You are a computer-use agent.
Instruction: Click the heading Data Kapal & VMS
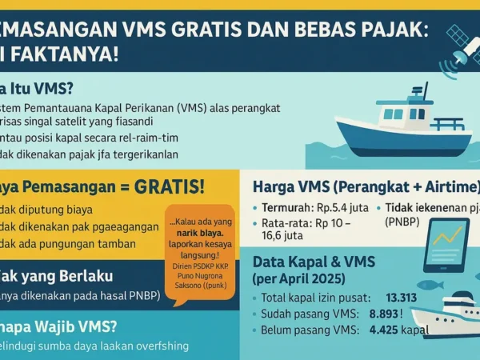pos(313,262)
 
